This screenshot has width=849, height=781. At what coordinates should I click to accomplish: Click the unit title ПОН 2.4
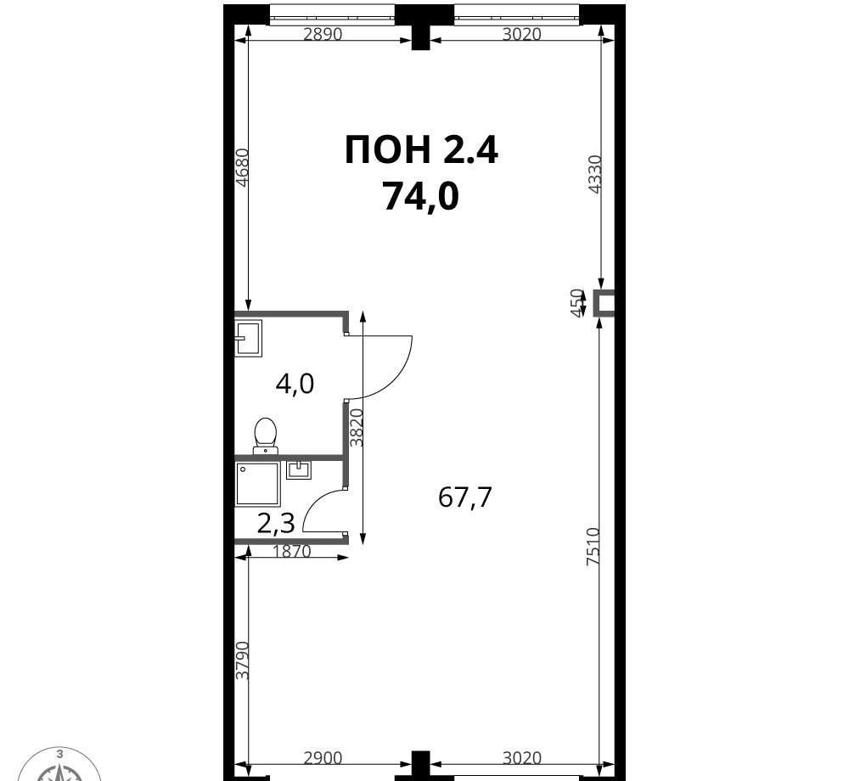(x=421, y=150)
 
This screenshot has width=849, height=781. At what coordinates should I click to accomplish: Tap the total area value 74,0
(x=421, y=196)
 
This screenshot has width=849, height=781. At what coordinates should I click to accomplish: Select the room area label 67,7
(x=464, y=497)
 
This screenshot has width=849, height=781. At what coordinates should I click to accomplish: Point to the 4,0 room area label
(x=295, y=385)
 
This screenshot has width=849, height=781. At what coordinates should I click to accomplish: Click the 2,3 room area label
(x=276, y=524)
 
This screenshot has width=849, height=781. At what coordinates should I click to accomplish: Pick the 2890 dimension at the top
(x=323, y=34)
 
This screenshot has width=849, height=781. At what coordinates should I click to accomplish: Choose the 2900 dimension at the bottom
(x=323, y=758)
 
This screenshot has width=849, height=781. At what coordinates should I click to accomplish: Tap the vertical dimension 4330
(x=595, y=174)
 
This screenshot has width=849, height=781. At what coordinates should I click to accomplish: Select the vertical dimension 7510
(x=594, y=547)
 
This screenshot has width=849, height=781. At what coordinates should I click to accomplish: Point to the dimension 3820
(x=357, y=428)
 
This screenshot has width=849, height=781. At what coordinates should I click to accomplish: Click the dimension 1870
(x=292, y=552)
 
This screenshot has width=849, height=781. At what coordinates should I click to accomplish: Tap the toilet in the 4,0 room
(x=265, y=435)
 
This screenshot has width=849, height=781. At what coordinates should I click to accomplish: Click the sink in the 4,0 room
(x=249, y=338)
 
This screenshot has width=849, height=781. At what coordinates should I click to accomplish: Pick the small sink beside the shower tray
(x=298, y=469)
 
